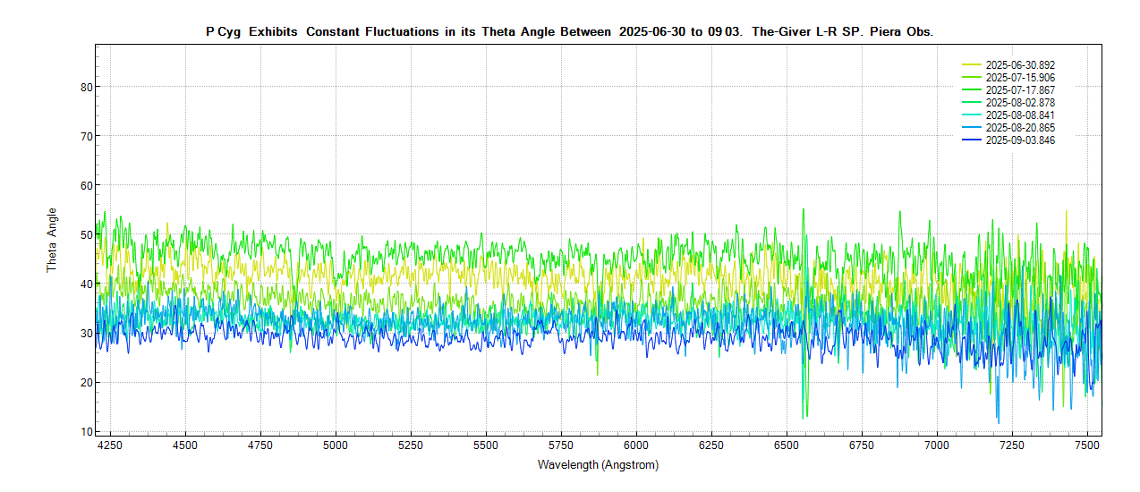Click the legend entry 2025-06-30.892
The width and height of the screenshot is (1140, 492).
[x=1020, y=65]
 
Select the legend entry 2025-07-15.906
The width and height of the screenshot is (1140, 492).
[x=1020, y=78]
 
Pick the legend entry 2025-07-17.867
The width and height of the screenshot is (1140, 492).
[x=1020, y=90]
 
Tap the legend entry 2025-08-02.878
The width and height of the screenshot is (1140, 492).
[x=1020, y=103]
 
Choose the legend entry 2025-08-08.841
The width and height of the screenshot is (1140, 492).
[x=1020, y=115]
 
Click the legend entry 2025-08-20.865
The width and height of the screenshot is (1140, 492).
[x=1020, y=128]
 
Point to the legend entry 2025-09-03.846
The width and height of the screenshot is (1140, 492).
[x=1020, y=140]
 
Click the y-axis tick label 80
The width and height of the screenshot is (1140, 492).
[x=86, y=87]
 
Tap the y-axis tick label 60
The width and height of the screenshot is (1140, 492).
[x=86, y=185]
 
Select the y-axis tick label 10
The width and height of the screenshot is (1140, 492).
[x=86, y=432]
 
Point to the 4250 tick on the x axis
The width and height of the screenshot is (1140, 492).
[x=111, y=445]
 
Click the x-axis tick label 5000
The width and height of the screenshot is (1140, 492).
[x=336, y=445]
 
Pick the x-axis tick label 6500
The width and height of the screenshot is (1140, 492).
[x=787, y=445]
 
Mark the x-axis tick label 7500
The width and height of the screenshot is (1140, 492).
[x=1087, y=445]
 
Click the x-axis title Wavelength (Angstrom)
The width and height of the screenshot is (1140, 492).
[x=598, y=465]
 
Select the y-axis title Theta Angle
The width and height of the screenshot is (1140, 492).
[x=52, y=240]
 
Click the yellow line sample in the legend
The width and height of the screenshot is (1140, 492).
[x=972, y=65]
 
